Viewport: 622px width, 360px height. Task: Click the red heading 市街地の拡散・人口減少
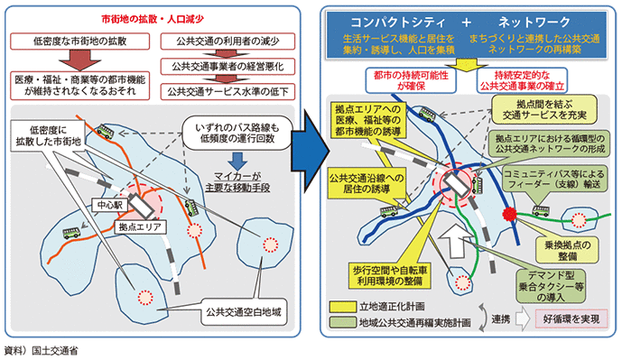153,20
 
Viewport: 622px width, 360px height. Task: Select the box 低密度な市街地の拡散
79,42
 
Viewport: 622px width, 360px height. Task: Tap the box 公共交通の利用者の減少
227,42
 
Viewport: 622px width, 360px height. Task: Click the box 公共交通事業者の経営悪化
227,67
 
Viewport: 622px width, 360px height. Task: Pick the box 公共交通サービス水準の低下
227,92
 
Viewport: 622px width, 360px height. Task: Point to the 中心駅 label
110,205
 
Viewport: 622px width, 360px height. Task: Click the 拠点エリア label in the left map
141,226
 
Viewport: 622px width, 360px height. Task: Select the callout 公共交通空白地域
243,312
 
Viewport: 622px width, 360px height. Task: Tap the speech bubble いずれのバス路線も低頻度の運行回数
237,134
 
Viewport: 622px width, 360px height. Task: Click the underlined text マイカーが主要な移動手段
237,182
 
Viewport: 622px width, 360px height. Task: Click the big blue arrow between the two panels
311,151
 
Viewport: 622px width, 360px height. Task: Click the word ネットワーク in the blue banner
534,23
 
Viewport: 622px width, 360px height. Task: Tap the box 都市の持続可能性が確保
411,80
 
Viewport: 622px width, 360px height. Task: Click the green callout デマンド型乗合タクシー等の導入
552,286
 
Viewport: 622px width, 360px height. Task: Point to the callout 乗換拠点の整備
567,251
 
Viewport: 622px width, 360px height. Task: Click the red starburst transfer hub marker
509,215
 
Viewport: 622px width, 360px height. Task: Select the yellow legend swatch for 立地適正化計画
343,307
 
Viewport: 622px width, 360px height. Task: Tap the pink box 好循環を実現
571,318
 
